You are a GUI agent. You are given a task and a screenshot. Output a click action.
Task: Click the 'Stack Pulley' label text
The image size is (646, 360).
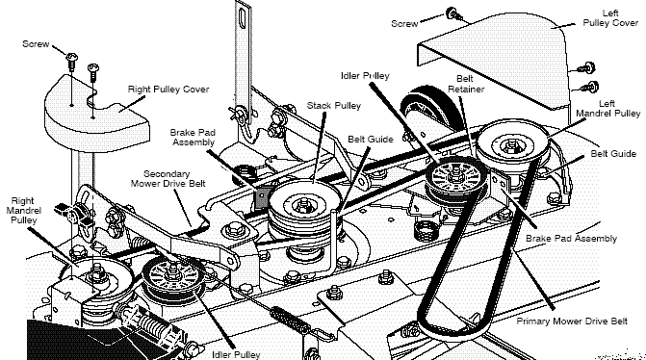tap(334, 106)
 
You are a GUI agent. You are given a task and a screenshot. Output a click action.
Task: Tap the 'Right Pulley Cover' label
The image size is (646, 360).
tap(168, 90)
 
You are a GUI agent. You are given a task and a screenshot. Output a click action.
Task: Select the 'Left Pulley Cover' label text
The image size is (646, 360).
tap(610, 18)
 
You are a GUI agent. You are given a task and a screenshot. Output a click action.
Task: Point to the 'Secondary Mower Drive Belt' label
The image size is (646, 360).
tap(168, 179)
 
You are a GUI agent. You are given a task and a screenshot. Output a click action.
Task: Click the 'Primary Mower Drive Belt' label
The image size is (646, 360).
tap(572, 321)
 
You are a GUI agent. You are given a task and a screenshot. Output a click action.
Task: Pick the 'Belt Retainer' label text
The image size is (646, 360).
tap(466, 84)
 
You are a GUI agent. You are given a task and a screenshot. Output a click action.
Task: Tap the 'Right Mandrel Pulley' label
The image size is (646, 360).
tap(23, 211)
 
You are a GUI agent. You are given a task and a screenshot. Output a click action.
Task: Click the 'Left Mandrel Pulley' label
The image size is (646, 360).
tap(607, 109)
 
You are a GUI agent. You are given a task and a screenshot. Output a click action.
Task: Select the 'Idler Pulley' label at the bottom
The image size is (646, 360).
tap(236, 354)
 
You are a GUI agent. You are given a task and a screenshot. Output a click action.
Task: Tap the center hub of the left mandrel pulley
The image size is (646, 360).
tap(512, 144)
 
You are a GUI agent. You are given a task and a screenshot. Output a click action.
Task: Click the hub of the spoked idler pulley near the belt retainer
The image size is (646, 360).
tap(455, 173)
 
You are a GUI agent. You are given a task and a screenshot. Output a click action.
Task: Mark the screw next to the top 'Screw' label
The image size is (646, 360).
tap(453, 14)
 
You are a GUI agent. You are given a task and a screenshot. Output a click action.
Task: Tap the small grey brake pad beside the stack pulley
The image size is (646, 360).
tap(262, 198)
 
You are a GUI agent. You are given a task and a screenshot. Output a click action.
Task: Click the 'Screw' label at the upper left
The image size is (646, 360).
tap(36, 43)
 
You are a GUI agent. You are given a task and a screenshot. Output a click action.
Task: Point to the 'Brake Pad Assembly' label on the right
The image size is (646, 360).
tap(571, 239)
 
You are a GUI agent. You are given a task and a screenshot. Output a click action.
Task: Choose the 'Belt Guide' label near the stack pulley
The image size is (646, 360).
tap(371, 140)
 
